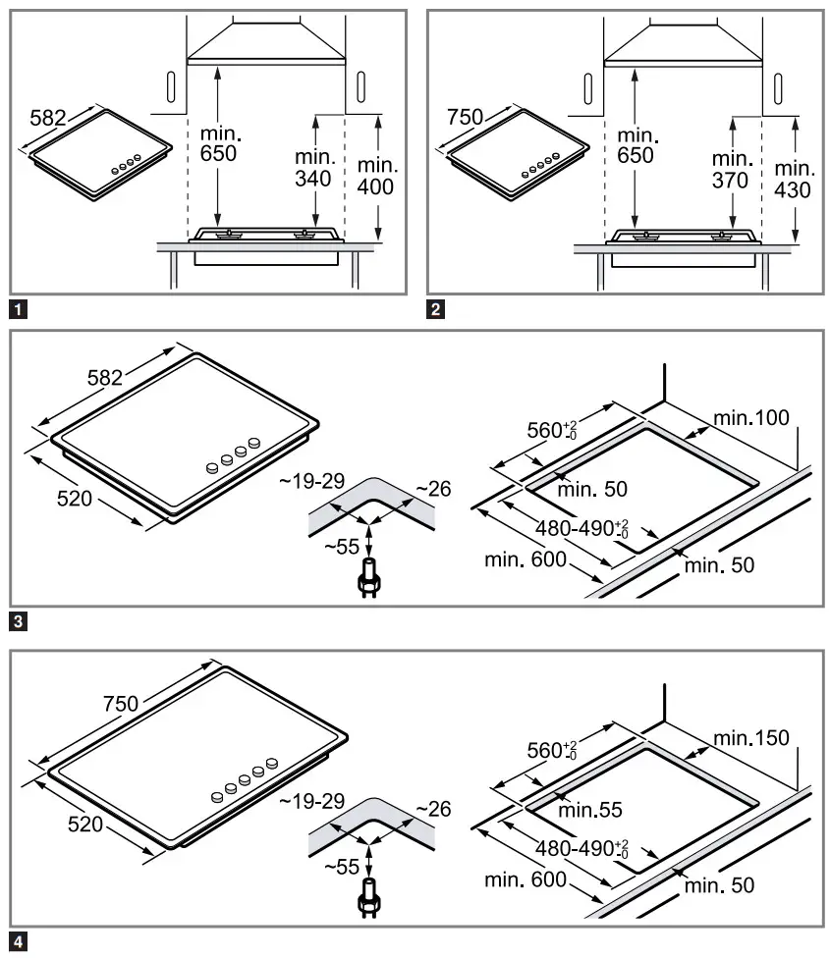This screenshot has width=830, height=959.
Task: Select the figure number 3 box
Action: coord(18,620)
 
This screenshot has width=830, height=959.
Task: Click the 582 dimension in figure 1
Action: coord(47,118)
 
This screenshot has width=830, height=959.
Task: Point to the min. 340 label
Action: coord(315,168)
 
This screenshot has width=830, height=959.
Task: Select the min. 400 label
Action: coord(375,176)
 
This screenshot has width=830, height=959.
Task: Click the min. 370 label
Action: coord(731,170)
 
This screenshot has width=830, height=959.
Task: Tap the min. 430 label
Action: coord(793,178)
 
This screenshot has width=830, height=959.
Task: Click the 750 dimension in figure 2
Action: coord(465,118)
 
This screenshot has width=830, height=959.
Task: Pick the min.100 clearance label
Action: coord(751,417)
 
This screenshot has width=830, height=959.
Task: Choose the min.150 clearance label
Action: coord(751,738)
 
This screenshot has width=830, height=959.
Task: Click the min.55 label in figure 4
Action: coord(590,810)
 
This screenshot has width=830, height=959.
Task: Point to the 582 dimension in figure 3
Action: coord(105,377)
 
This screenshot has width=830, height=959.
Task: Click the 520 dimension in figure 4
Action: coord(85,825)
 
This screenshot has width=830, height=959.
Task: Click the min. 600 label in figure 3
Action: coord(526,559)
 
